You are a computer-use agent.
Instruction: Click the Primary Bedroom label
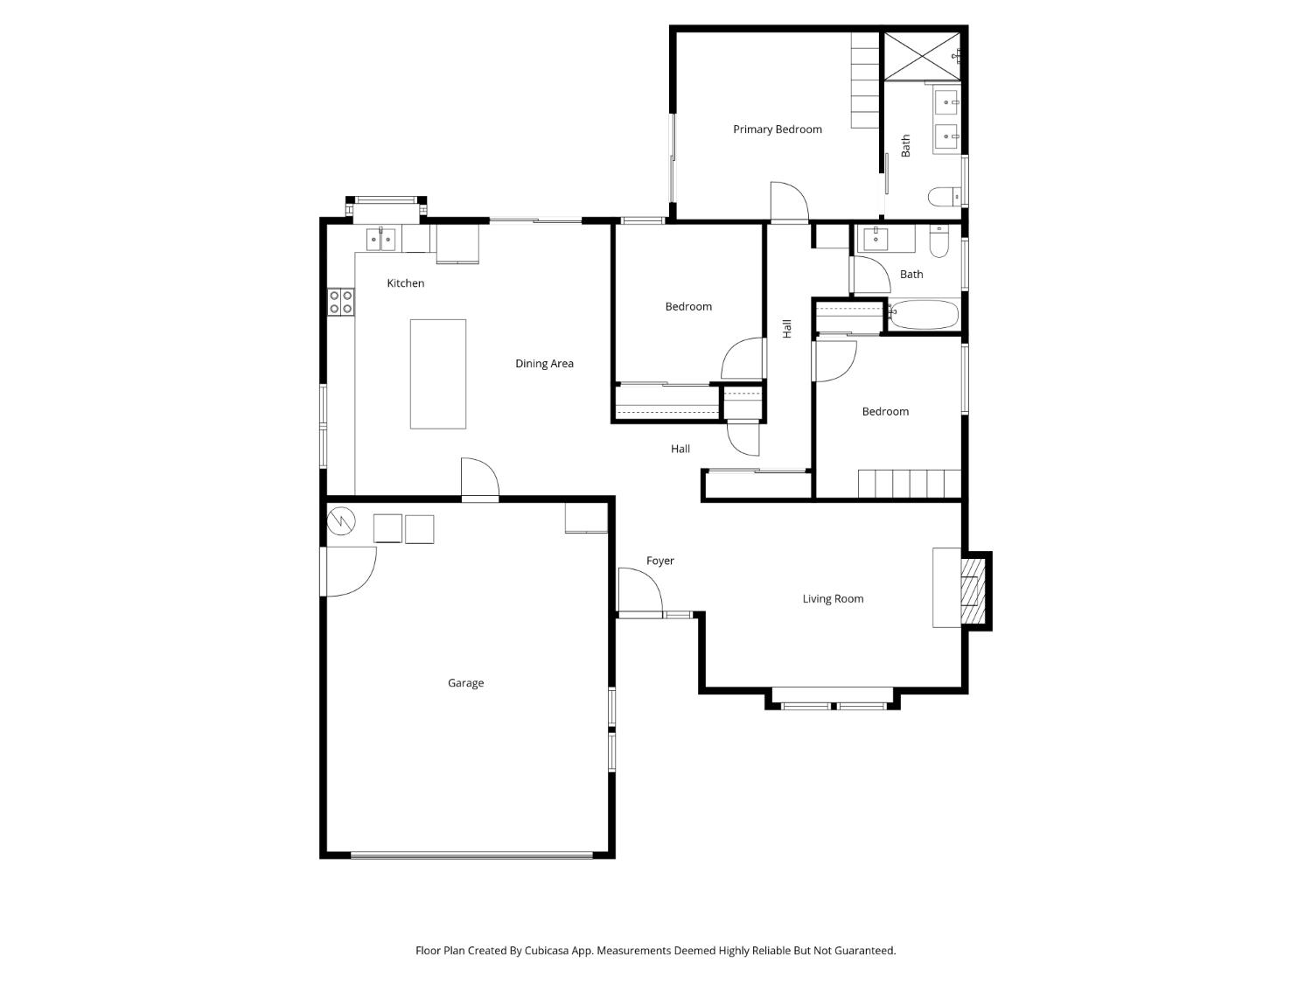click(777, 129)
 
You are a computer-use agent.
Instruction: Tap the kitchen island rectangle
click(437, 373)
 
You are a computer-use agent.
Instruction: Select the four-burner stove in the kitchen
click(340, 302)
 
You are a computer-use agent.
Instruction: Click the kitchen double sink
click(380, 239)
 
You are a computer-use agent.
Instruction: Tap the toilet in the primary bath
click(945, 196)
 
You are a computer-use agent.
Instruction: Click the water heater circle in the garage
click(341, 522)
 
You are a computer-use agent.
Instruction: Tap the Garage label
click(465, 683)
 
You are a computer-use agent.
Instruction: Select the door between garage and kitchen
click(479, 479)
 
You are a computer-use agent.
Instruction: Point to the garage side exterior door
click(348, 571)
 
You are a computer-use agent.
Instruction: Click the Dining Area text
click(544, 364)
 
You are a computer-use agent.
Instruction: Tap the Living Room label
click(833, 599)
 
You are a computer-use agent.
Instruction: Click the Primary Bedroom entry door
click(789, 203)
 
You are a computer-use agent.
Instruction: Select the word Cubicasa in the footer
click(548, 950)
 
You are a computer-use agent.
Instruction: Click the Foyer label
click(659, 561)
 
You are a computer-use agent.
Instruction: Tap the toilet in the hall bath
click(939, 242)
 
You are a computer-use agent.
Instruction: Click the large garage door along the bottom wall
click(471, 855)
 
